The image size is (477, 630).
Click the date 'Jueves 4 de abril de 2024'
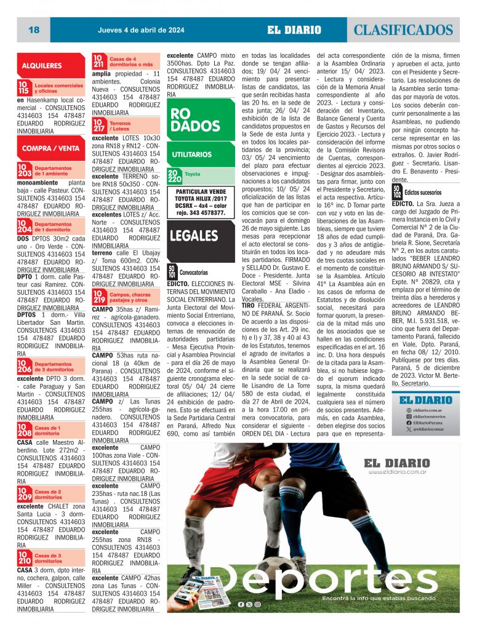click(141, 30)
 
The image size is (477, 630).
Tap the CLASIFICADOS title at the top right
click(404, 30)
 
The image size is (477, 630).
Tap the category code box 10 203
click(24, 170)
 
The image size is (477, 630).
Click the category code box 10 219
click(99, 298)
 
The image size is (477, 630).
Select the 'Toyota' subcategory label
click(192, 175)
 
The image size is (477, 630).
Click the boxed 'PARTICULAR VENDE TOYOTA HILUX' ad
click(201, 202)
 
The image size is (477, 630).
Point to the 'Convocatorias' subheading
click(194, 271)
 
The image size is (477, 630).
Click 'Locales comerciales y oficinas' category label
click(58, 88)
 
